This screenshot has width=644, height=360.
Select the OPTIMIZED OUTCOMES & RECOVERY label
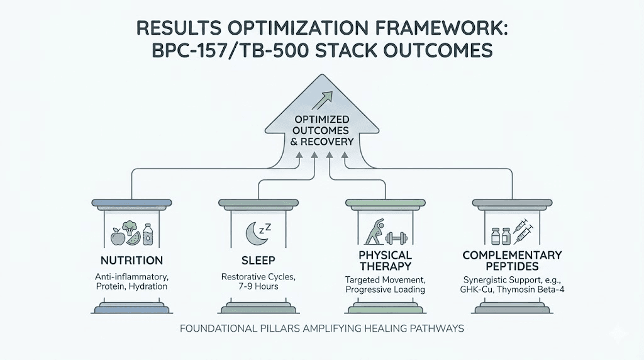click(x=321, y=130)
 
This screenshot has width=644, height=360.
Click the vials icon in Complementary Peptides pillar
click(x=499, y=237)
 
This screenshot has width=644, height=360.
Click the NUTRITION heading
click(x=131, y=261)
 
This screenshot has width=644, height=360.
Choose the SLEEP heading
click(x=258, y=261)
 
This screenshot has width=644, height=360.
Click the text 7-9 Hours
click(x=258, y=287)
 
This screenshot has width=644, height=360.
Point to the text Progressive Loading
click(x=385, y=290)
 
